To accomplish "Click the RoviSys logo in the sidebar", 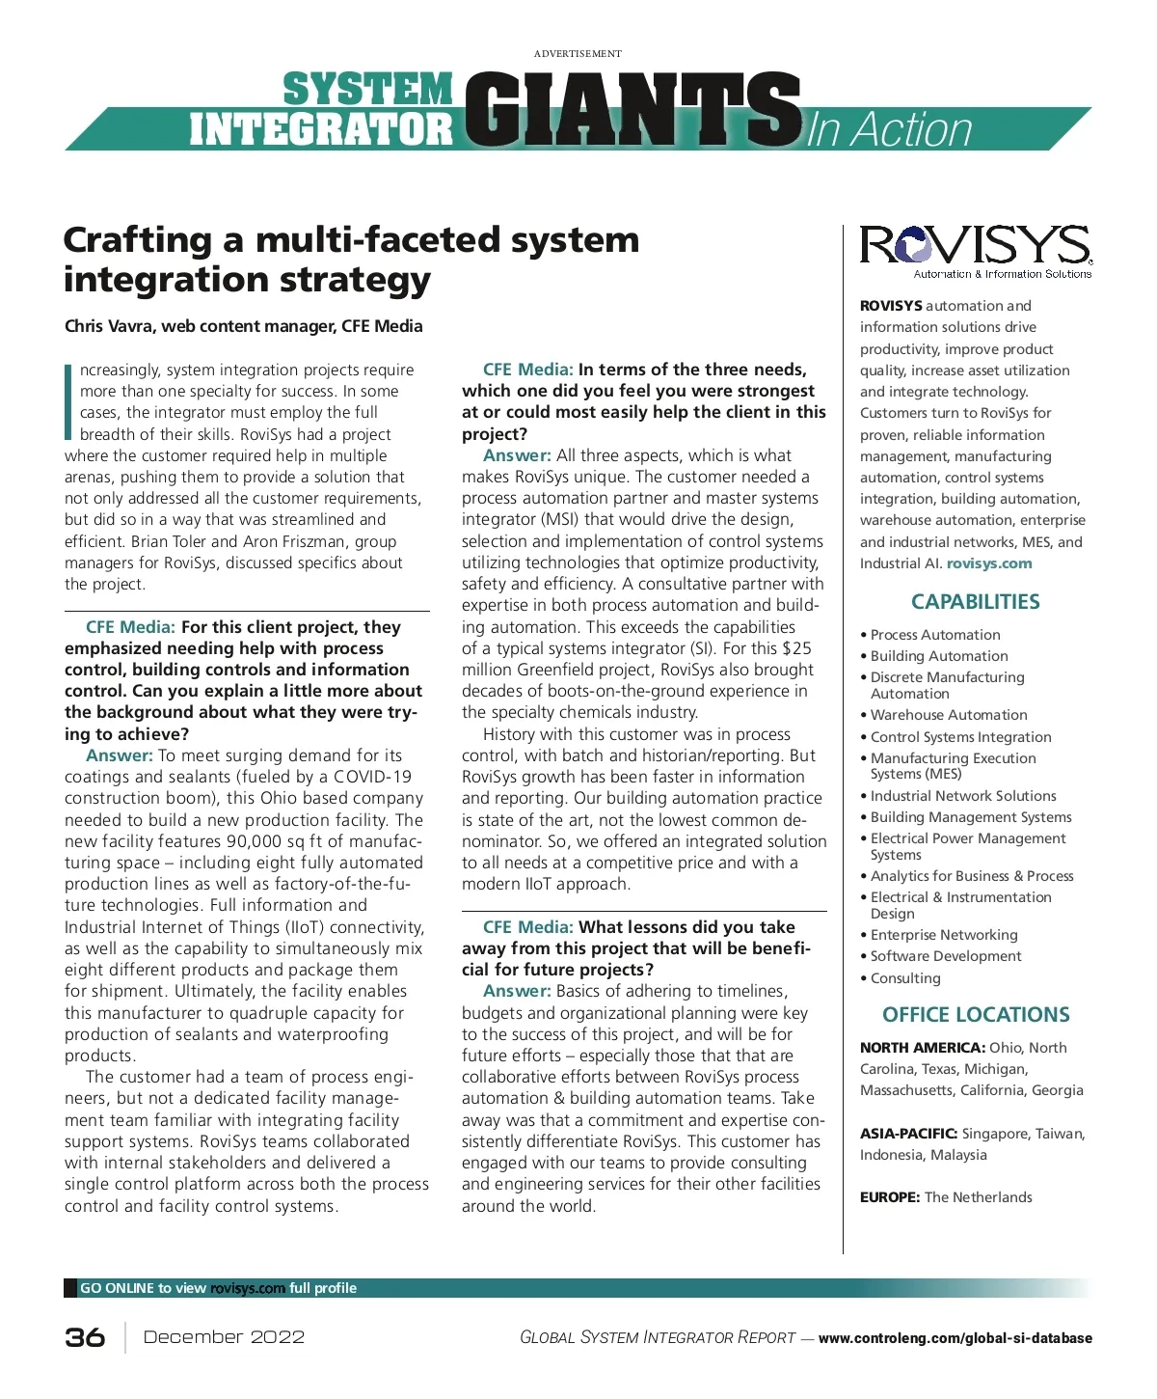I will (975, 249).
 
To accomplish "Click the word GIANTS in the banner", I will (632, 110).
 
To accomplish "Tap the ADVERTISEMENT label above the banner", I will (578, 54).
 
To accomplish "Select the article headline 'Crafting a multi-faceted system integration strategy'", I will (351, 259).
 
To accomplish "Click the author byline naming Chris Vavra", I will (244, 326).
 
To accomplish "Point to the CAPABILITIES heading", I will (975, 602).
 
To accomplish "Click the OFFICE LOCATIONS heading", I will (976, 1015).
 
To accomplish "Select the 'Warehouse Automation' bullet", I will (948, 715).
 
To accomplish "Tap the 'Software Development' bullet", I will (945, 956).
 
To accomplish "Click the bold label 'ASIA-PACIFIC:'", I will (908, 1134).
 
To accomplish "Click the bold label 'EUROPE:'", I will (890, 1197).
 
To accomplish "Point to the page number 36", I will (85, 1337).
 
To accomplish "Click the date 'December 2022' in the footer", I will (224, 1337).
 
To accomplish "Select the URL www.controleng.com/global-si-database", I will (955, 1338).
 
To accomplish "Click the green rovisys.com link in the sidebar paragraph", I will (988, 563).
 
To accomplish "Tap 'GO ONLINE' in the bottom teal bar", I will (117, 1288).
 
